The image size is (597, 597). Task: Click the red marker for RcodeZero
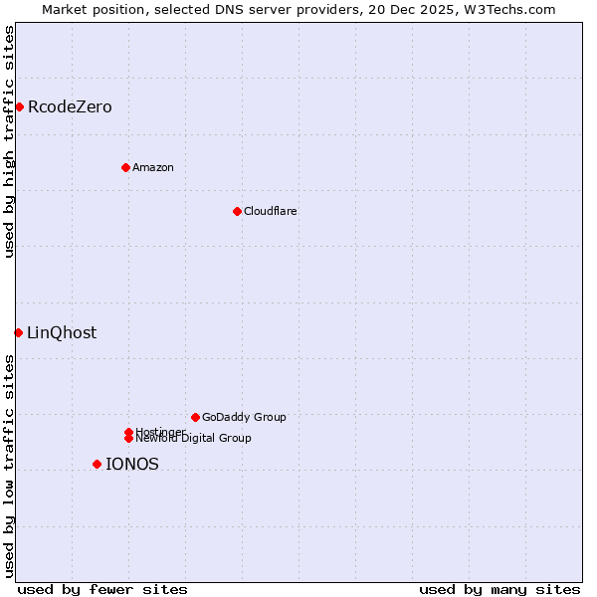click(19, 106)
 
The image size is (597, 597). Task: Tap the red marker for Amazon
click(125, 167)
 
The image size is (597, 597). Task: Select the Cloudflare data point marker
click(237, 211)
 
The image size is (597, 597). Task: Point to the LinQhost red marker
click(18, 332)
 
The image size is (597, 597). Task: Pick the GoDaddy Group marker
click(195, 417)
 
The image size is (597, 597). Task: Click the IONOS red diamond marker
click(97, 464)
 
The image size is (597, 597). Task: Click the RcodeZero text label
click(70, 107)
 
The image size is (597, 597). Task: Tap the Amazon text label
click(153, 168)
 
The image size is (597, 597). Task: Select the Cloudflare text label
click(271, 212)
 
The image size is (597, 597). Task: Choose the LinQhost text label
click(62, 333)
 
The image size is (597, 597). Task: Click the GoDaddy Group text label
click(244, 418)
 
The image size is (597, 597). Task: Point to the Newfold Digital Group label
click(193, 439)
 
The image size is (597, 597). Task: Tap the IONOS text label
click(132, 465)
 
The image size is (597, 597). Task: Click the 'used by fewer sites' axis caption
click(102, 590)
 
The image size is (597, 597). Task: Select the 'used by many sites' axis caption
click(499, 590)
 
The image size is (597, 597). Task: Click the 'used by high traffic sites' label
click(9, 141)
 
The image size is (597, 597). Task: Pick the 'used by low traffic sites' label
click(9, 466)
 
